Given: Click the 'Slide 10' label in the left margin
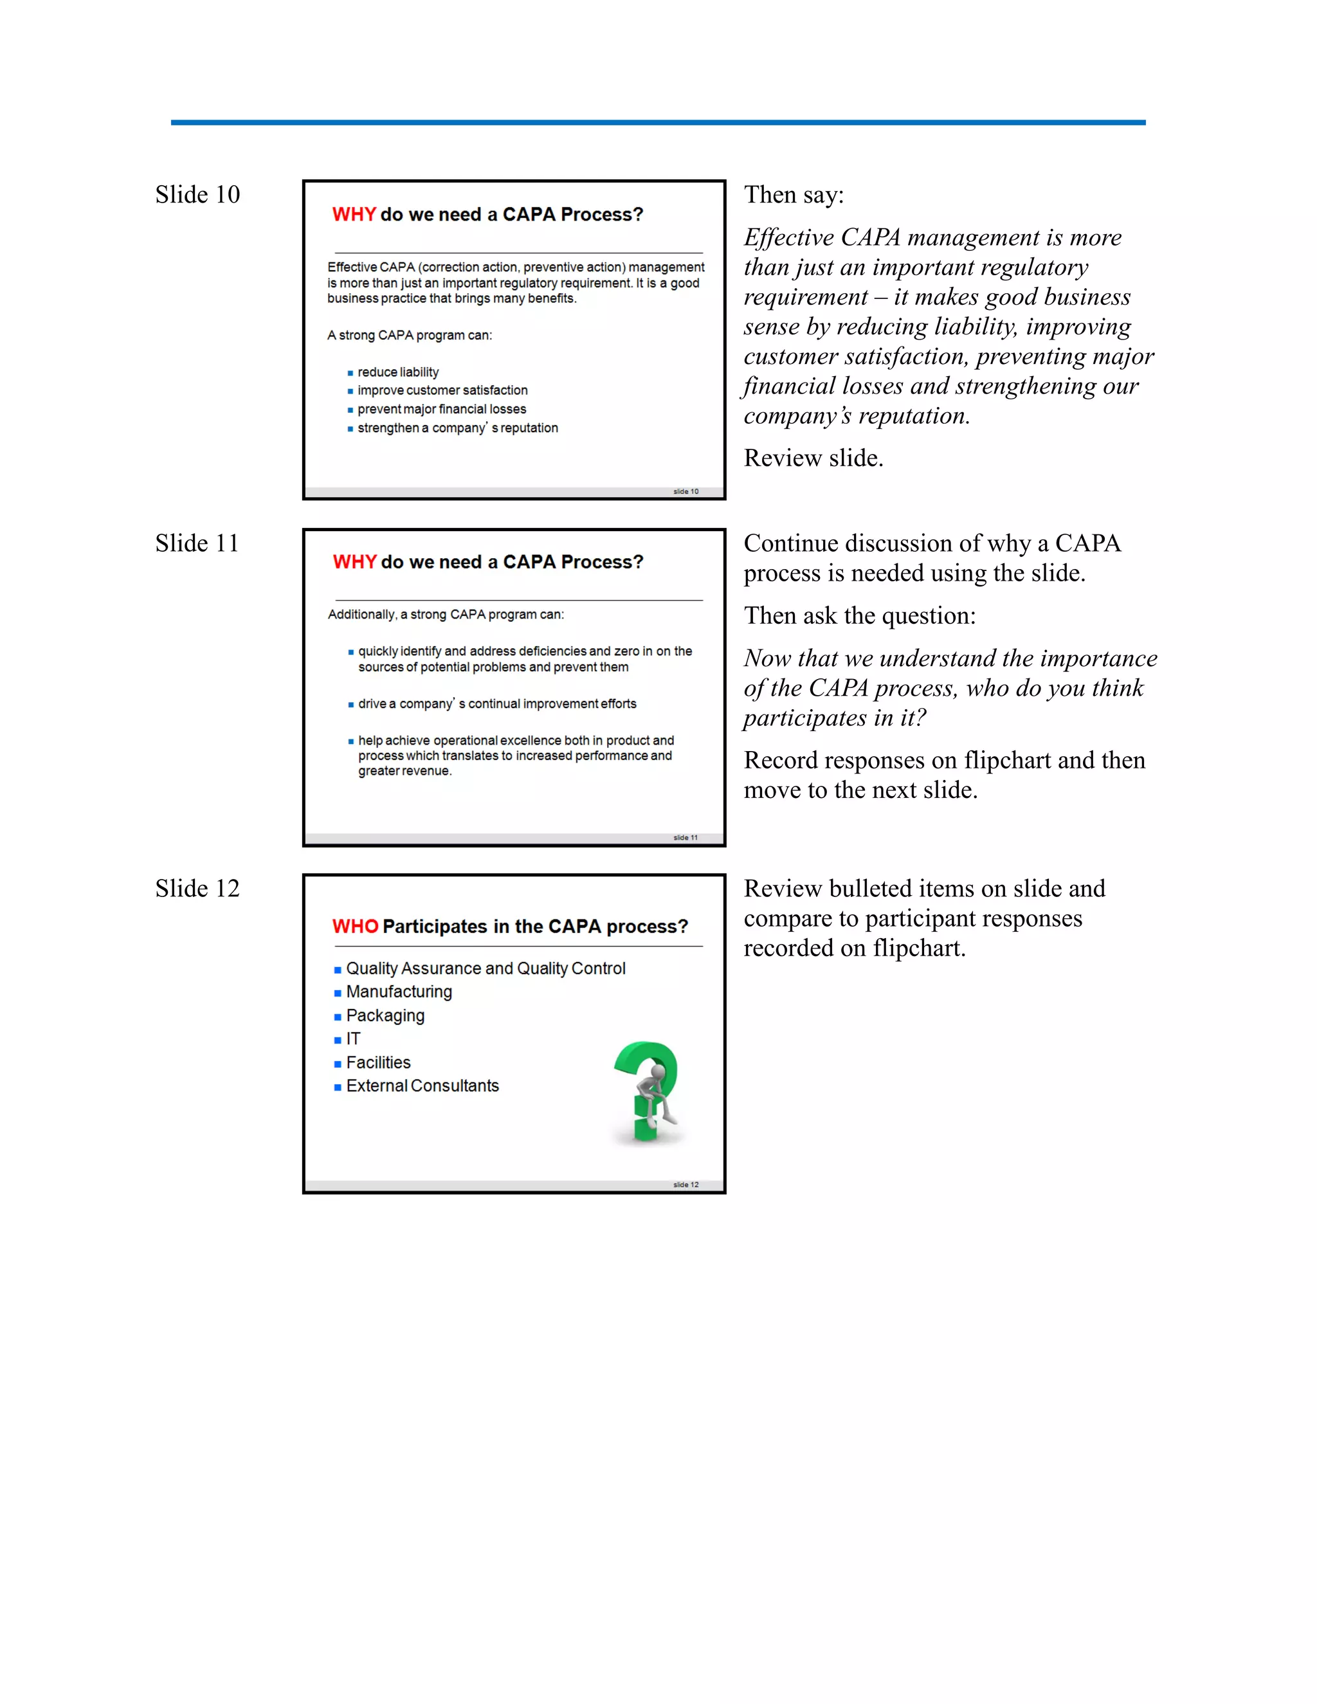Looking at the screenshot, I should click(x=197, y=194).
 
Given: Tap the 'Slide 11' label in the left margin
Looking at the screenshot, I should click(x=197, y=543).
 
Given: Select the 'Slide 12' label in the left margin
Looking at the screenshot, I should click(x=197, y=888).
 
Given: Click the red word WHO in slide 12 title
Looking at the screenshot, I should click(x=355, y=926).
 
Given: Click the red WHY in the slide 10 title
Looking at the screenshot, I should click(x=354, y=215).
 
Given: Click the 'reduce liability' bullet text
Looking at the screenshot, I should click(x=398, y=372).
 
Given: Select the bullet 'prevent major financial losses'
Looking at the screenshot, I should click(x=442, y=409).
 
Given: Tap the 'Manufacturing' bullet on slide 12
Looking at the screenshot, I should click(x=399, y=992).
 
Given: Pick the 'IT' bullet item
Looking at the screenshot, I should click(x=354, y=1038).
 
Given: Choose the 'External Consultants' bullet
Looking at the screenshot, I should click(x=422, y=1085).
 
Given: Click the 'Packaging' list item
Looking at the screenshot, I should click(x=385, y=1015).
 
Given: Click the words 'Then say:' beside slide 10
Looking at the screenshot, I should click(x=794, y=194).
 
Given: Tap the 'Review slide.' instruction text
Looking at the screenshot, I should click(x=813, y=458).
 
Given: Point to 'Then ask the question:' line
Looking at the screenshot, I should click(x=859, y=615).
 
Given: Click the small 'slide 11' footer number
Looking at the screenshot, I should click(x=686, y=837).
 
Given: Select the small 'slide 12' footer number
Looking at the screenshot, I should click(x=686, y=1184).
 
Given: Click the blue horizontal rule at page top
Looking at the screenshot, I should click(x=658, y=122).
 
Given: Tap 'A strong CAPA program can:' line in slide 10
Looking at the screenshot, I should click(x=410, y=336).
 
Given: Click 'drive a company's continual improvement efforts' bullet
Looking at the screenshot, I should click(x=497, y=703).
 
